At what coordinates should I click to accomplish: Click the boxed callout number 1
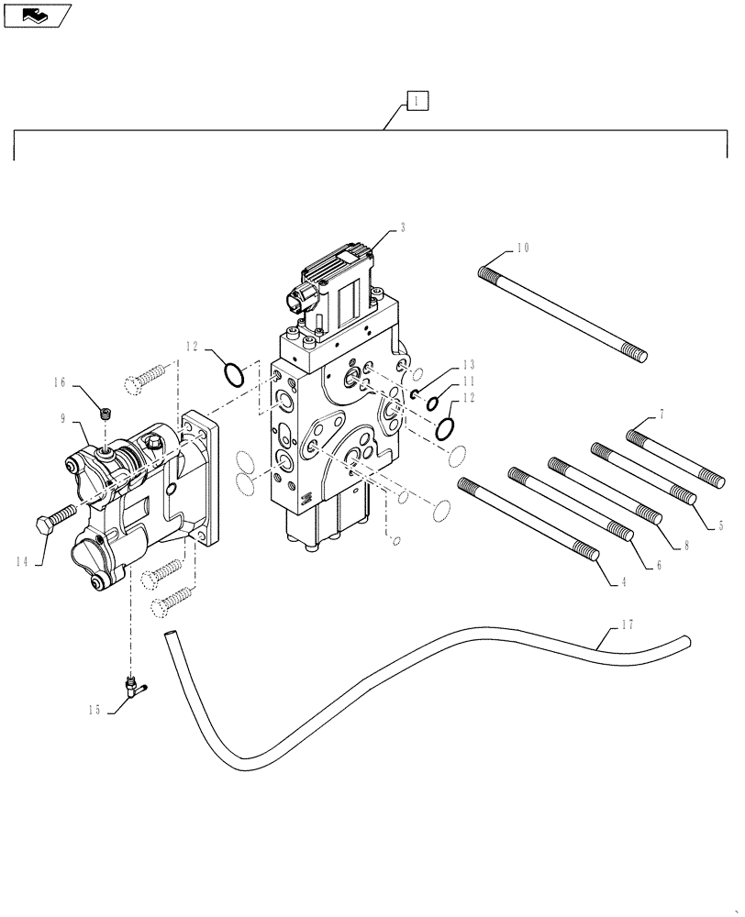416,101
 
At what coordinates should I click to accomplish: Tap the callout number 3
402,227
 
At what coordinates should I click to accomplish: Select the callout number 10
522,248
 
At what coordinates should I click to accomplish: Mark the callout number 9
63,418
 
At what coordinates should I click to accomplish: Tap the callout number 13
468,363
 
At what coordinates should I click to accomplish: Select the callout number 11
468,381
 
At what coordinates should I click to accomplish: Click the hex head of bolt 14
45,528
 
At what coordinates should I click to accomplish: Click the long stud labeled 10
562,312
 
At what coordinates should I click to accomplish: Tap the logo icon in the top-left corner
37,15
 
